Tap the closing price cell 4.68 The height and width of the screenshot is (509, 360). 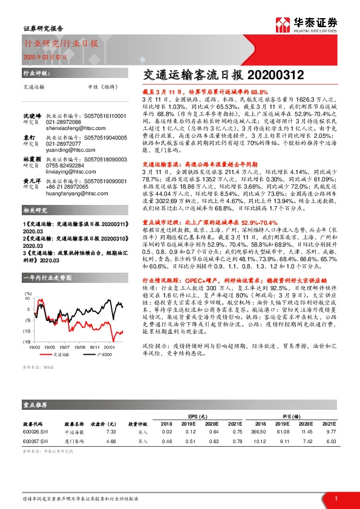pos(111,441)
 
